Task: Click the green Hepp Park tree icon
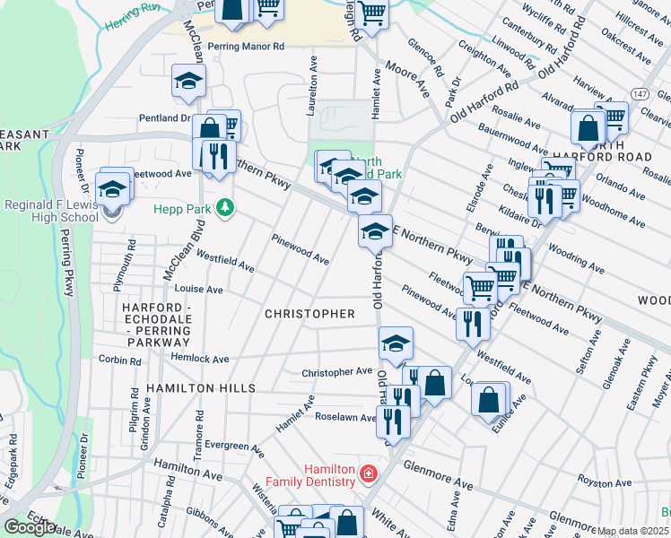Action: tap(224, 208)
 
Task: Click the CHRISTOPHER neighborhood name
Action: tap(310, 314)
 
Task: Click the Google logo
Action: tap(30, 527)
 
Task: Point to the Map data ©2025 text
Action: tap(632, 531)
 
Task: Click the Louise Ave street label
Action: tap(198, 290)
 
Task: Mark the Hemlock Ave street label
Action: tap(201, 359)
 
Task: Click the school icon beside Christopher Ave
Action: tap(396, 342)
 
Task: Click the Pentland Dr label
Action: tap(165, 117)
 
